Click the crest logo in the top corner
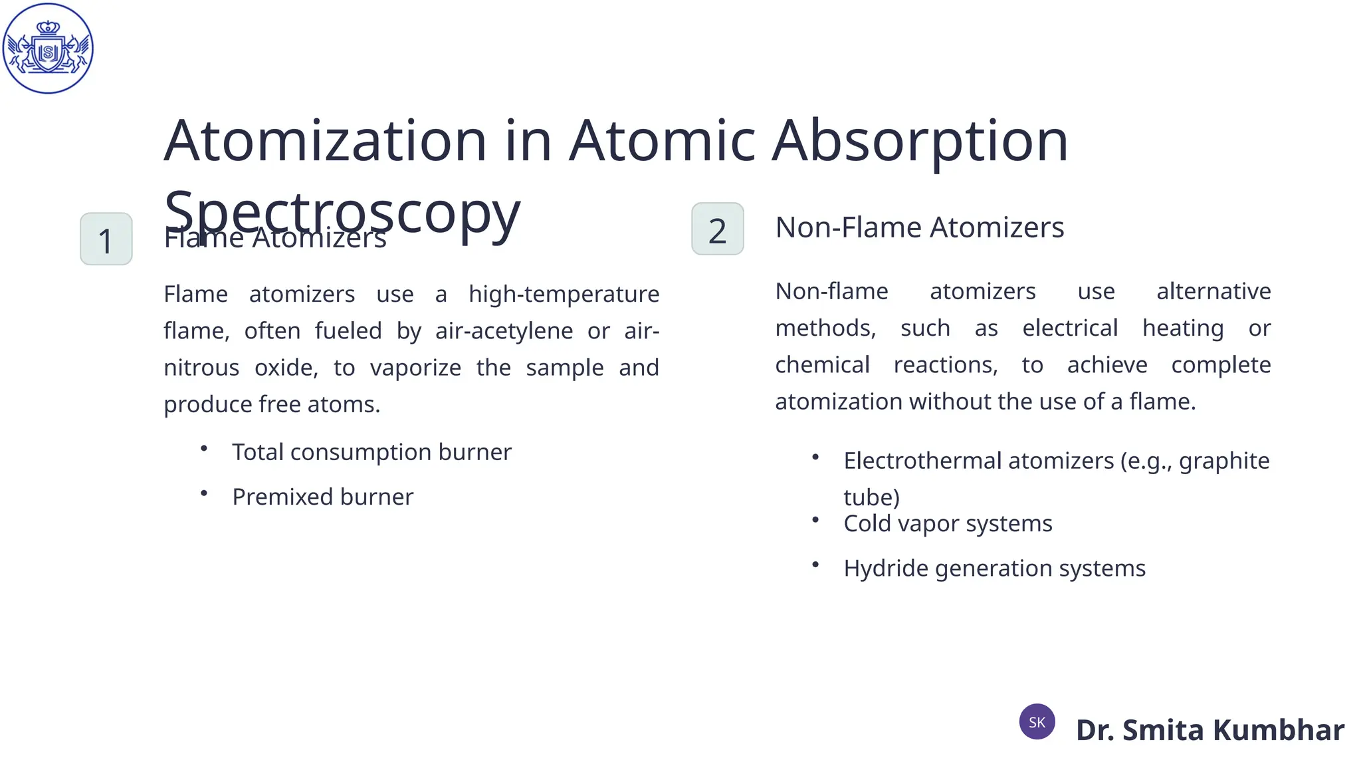[48, 49]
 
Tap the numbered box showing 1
[106, 239]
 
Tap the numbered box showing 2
[718, 229]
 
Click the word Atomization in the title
[325, 141]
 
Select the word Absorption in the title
[920, 141]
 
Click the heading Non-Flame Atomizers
[920, 227]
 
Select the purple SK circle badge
[1037, 722]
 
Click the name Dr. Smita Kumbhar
[1209, 730]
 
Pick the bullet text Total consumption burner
[371, 452]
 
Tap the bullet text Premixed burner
[322, 497]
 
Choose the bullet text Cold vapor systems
[948, 523]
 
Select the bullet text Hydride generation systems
[994, 569]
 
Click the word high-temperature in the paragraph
[564, 294]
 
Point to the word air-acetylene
[504, 330]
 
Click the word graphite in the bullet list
[1224, 461]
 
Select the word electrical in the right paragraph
[1070, 328]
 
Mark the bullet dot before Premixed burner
[204, 493]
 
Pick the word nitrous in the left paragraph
[201, 368]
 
